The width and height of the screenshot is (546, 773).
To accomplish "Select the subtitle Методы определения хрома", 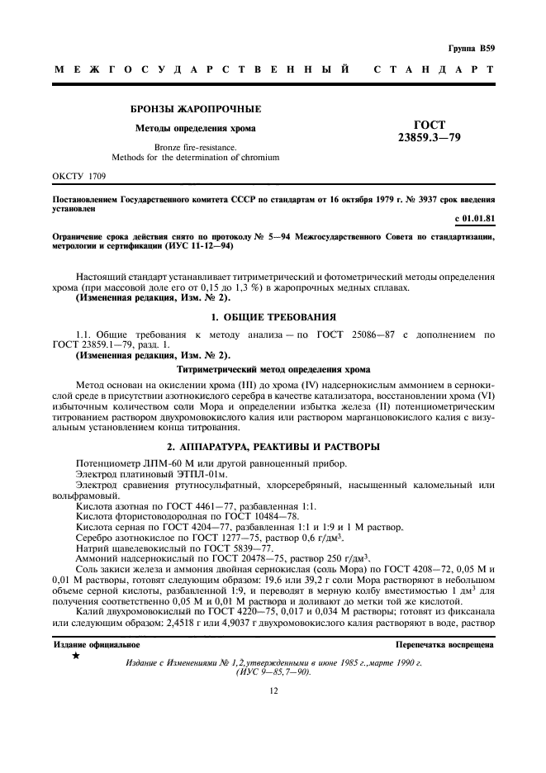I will pos(196,128).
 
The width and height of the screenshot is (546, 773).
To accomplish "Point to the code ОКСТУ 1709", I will pos(79,176).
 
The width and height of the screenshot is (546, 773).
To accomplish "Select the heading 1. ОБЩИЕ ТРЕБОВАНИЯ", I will pos(273,315).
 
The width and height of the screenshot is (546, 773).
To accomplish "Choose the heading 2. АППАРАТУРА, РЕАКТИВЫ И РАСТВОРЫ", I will pos(273,447).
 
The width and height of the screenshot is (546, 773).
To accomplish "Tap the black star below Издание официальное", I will pos(77,656).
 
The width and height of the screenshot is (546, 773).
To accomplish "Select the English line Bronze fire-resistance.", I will pos(196,146).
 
